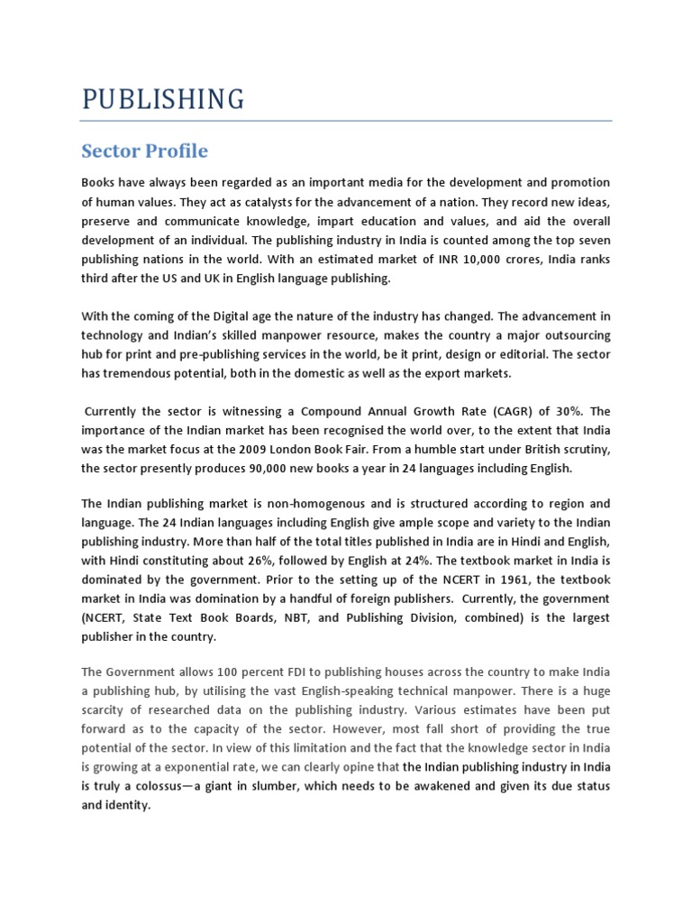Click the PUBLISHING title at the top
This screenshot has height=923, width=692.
click(x=162, y=98)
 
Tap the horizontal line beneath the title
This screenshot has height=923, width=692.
click(x=346, y=121)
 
